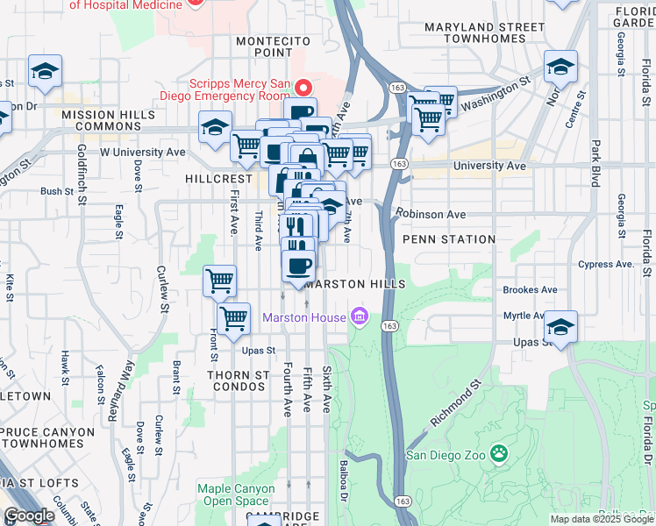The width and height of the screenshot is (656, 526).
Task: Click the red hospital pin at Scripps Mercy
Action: [x=304, y=88]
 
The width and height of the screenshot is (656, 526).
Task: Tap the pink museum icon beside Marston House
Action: [x=359, y=316]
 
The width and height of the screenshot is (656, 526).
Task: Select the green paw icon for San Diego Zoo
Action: [x=499, y=454]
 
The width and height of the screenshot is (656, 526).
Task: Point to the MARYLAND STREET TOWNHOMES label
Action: [x=484, y=33]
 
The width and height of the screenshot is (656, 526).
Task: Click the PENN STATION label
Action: [x=449, y=238]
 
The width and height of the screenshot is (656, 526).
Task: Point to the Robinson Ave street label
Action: [x=430, y=213]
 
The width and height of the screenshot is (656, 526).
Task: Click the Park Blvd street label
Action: [x=595, y=164]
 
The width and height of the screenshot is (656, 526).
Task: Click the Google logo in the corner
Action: [x=29, y=515]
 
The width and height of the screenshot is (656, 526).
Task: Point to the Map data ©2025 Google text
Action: [x=601, y=519]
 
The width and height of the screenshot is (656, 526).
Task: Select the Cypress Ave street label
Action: [x=605, y=264]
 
